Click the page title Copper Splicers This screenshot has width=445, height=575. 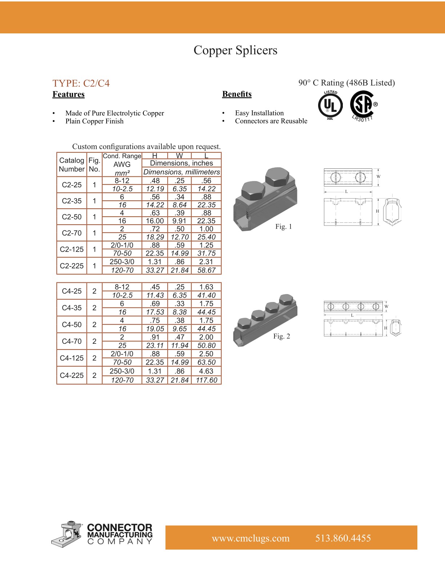point(235,50)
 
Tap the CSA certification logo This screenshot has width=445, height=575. point(363,105)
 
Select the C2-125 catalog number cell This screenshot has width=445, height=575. point(72,249)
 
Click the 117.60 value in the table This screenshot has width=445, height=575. point(206,380)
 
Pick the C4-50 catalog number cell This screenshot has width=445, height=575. point(72,325)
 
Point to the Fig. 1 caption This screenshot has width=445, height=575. point(284,227)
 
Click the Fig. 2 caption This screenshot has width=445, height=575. point(282,336)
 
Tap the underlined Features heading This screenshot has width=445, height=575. point(68,94)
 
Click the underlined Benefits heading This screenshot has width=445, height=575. point(237,94)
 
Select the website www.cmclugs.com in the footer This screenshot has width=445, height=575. point(250,538)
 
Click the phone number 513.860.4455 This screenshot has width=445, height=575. point(343,538)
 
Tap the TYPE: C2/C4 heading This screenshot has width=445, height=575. point(81,83)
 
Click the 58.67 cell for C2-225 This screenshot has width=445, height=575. point(206,270)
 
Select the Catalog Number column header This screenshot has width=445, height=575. point(72,164)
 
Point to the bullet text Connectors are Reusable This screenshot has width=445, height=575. point(271,121)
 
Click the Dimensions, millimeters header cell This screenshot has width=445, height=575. point(181,172)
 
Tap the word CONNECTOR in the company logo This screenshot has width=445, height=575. point(120,527)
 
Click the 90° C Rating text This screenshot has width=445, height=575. point(346,83)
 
